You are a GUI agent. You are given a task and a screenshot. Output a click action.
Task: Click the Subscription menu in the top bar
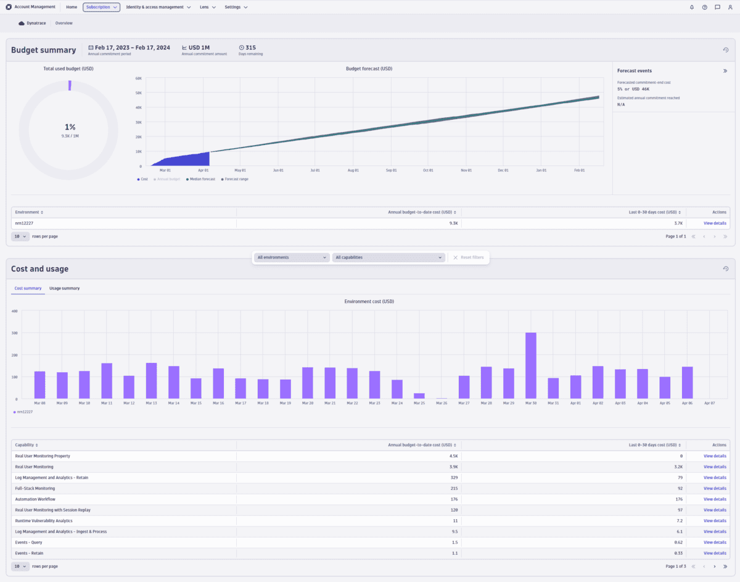point(101,7)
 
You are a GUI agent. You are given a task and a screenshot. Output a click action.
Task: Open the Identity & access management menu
point(158,7)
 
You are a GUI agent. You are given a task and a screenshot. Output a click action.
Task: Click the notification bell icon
point(691,7)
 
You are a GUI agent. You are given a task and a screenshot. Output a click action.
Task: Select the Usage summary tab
point(64,288)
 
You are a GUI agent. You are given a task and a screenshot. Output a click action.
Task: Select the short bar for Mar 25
point(419,396)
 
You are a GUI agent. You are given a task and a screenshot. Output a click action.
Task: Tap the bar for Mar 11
point(107,381)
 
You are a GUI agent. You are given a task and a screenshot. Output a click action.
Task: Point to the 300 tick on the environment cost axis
point(14,333)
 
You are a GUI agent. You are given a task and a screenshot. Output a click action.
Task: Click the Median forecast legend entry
point(202,179)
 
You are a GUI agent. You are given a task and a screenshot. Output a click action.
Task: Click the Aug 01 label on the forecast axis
point(353,170)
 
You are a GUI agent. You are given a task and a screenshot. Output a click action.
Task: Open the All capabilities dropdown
point(388,257)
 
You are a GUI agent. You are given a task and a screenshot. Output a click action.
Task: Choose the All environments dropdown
point(292,257)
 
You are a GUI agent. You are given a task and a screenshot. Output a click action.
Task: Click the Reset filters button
point(469,257)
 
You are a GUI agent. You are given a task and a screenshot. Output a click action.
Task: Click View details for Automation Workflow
point(715,499)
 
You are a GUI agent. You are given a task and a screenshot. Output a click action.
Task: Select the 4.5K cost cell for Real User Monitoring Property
point(453,456)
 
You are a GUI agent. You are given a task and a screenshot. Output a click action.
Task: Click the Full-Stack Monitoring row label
point(35,488)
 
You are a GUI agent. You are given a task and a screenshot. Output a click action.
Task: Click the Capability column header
point(27,444)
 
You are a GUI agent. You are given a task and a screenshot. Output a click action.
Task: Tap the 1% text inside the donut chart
point(70,127)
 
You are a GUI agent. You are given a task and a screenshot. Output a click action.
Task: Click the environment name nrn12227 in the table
point(23,223)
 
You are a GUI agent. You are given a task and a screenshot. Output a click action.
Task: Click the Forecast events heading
point(634,71)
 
